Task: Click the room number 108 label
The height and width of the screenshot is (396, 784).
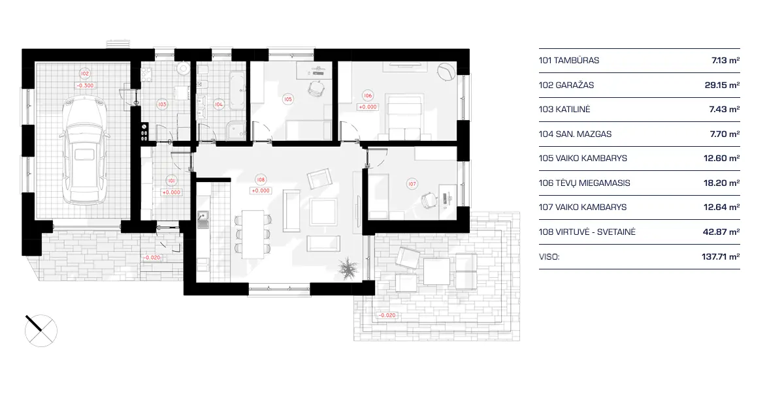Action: pyautogui.click(x=261, y=179)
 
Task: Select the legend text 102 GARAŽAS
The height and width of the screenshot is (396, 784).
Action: pyautogui.click(x=566, y=85)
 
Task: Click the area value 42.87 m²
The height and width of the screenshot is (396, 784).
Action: pyautogui.click(x=725, y=232)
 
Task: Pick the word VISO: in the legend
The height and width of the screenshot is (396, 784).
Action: pyautogui.click(x=549, y=257)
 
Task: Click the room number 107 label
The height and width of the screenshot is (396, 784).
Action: pyautogui.click(x=412, y=184)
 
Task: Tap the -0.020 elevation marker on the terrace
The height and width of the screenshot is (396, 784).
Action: pyautogui.click(x=387, y=316)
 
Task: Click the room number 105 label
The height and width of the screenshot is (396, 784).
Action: pyautogui.click(x=287, y=99)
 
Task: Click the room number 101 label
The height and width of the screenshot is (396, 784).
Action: pyautogui.click(x=171, y=180)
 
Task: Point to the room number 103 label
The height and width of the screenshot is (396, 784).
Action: pyautogui.click(x=162, y=104)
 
